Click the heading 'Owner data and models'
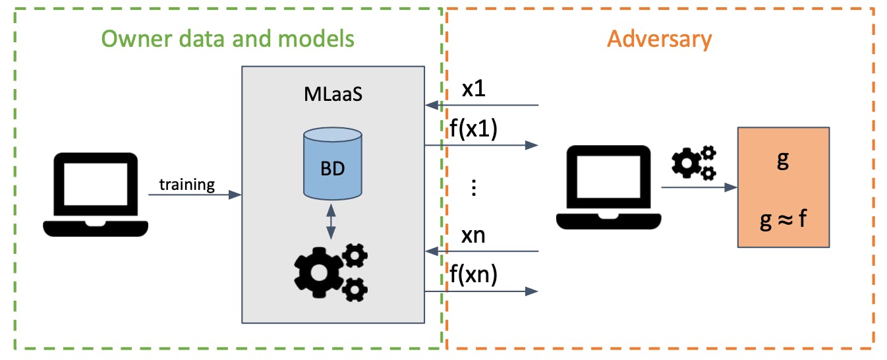[228, 39]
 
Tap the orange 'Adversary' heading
[660, 39]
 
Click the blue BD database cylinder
[333, 164]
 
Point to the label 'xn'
[473, 235]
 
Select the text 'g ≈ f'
[783, 220]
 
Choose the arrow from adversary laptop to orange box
[699, 187]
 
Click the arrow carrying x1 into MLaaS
[482, 105]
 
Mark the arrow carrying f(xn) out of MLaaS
[482, 291]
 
